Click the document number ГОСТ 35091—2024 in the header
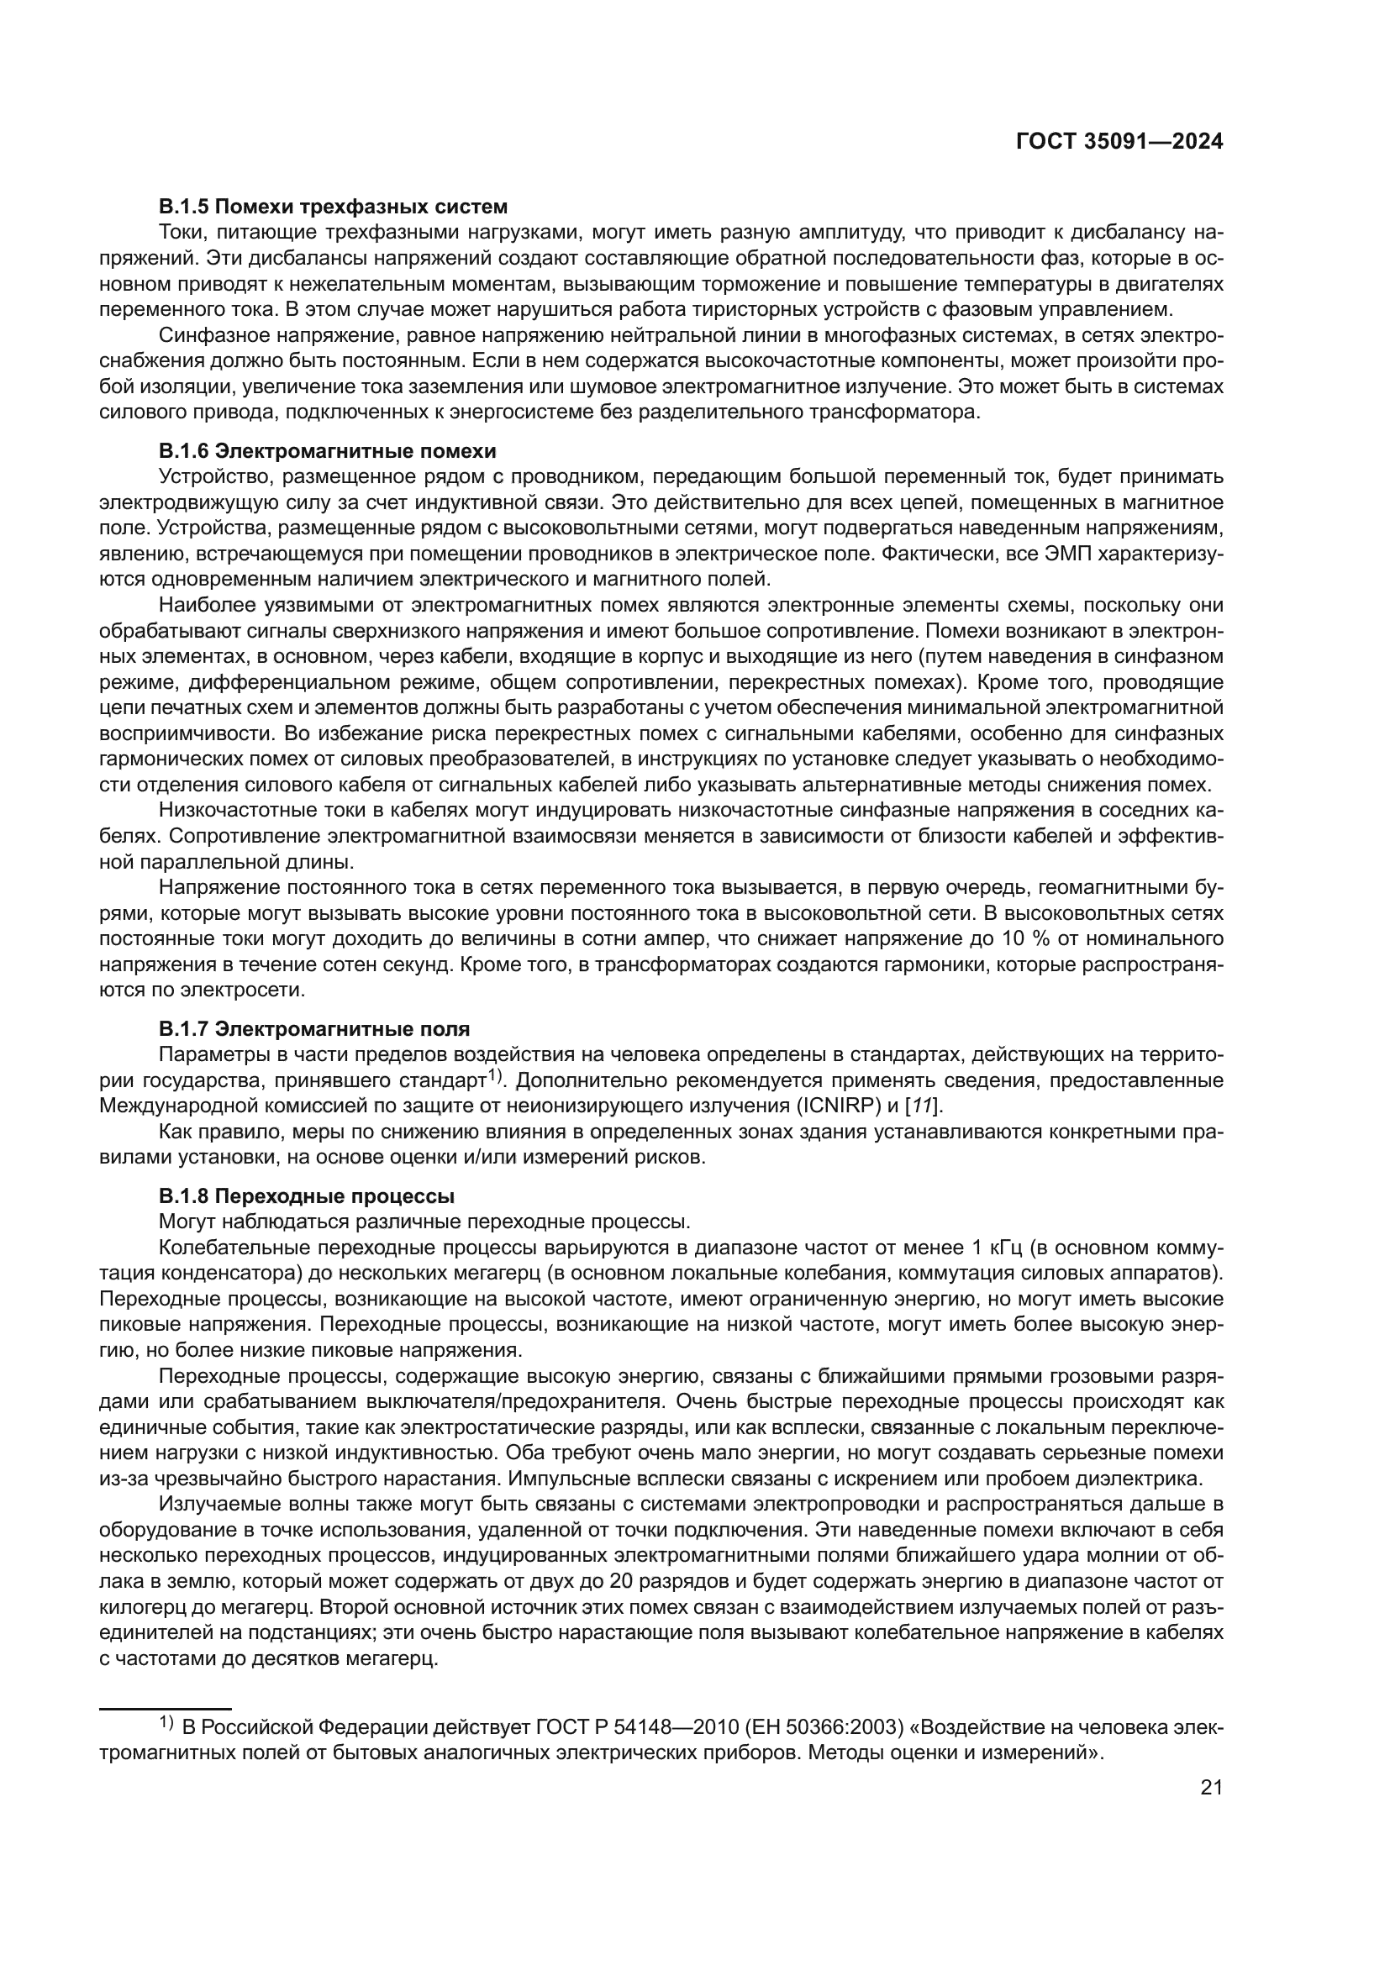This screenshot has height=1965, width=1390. [1119, 142]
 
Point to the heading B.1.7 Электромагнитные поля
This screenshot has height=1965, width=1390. [314, 1029]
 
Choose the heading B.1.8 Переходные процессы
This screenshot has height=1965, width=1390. [307, 1195]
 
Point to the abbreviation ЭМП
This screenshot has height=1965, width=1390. [1065, 554]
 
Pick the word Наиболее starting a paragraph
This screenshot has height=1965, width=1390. [207, 605]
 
